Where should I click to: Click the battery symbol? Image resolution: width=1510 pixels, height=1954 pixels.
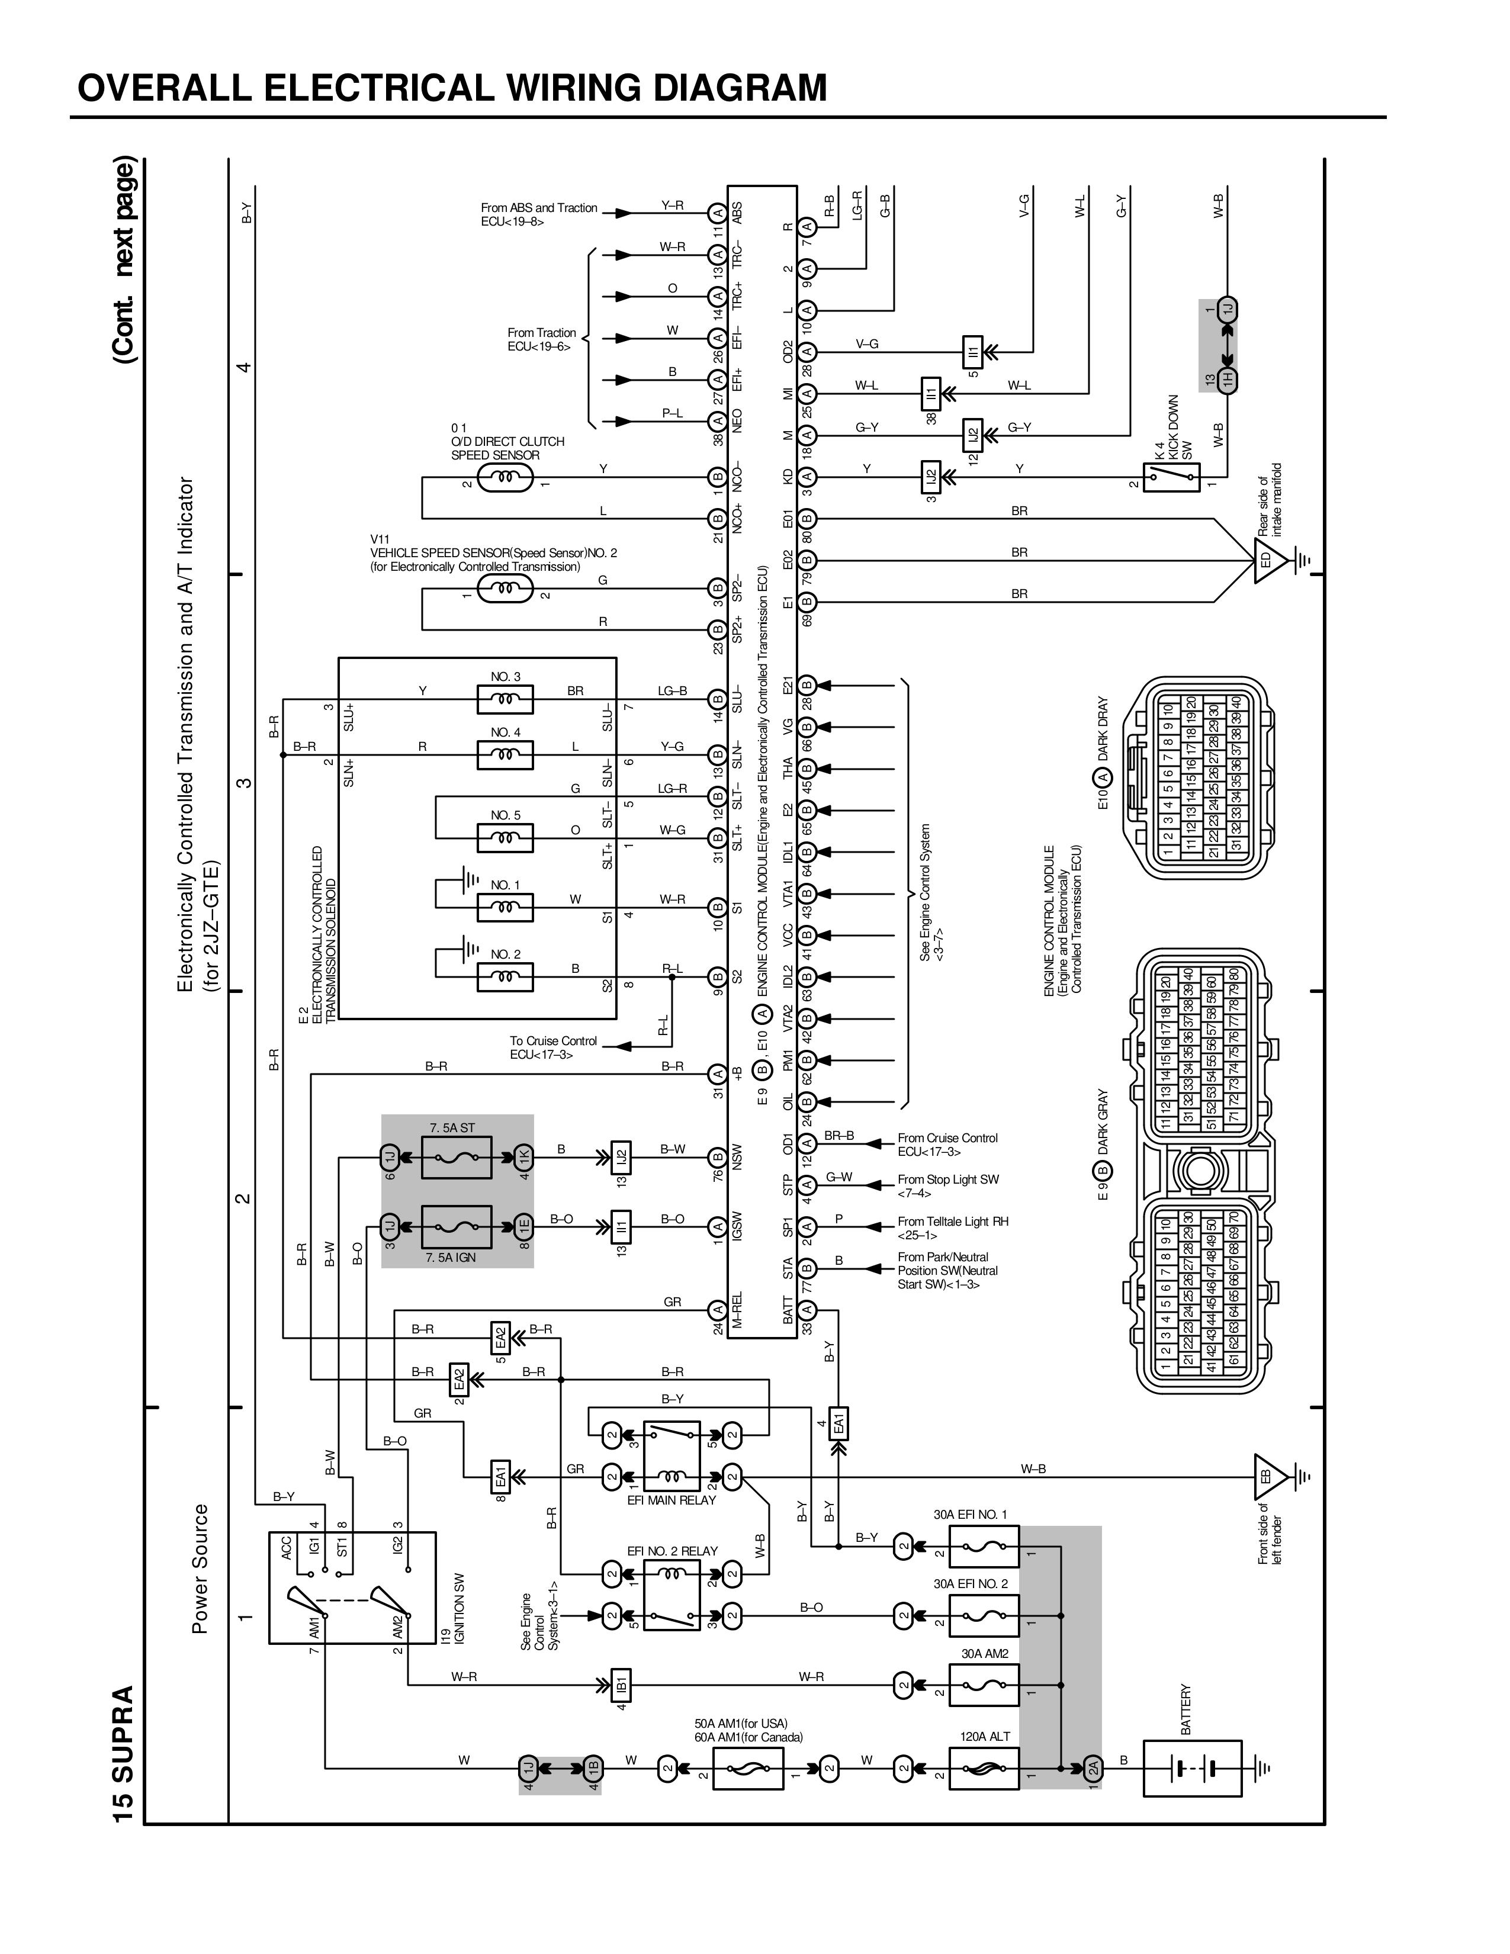coord(1193,1768)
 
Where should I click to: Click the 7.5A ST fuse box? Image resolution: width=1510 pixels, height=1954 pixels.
coord(456,1158)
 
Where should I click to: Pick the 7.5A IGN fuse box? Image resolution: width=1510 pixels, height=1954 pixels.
coord(456,1226)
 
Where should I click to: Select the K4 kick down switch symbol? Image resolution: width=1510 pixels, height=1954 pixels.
coord(1171,477)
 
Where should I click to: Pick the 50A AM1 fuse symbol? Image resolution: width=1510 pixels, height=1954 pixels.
coord(748,1768)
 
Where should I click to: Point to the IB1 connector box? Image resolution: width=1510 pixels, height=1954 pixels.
coord(621,1686)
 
